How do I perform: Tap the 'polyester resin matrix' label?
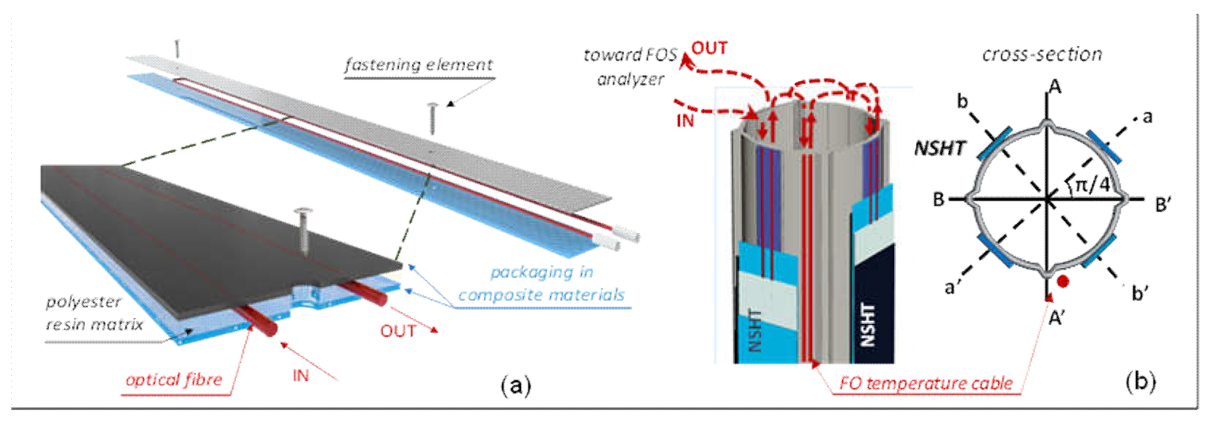coord(94,313)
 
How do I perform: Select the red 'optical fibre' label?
coord(174,379)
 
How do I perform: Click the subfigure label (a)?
coord(516,385)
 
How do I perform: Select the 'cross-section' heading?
coord(1042,55)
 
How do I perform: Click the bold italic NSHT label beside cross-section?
coord(940,148)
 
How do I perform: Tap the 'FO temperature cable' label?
coord(926,384)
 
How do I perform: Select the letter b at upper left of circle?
coord(963,101)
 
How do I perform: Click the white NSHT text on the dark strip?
coord(868,325)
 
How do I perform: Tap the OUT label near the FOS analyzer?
coord(709,48)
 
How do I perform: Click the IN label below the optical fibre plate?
coord(301,376)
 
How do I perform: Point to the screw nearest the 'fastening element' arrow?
coord(432,117)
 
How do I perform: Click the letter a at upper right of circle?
coord(1147,116)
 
